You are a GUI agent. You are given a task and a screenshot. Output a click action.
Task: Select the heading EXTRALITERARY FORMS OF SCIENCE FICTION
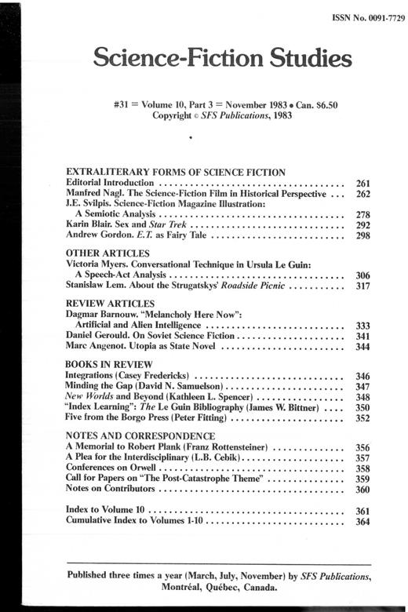pyautogui.click(x=174, y=171)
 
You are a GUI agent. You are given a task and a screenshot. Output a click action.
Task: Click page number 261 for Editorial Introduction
pyautogui.click(x=362, y=182)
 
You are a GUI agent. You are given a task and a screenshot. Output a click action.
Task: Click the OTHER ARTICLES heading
pyautogui.click(x=107, y=253)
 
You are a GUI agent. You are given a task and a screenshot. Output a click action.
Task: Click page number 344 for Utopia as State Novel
pyautogui.click(x=362, y=345)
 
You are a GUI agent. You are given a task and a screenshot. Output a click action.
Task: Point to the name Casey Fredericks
pyautogui.click(x=162, y=376)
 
